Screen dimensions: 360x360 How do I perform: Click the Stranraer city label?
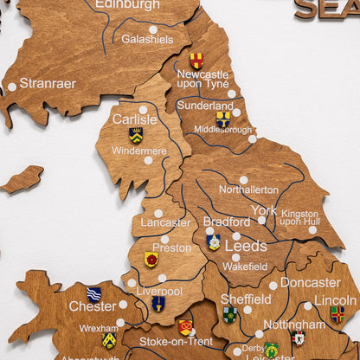pyautogui.click(x=48, y=84)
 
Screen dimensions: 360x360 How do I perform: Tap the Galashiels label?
pyautogui.click(x=147, y=39)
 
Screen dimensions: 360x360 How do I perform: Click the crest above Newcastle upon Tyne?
pyautogui.click(x=196, y=61)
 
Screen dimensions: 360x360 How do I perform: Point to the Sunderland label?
pyautogui.click(x=205, y=105)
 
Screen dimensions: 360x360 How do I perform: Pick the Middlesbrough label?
pyautogui.click(x=222, y=129)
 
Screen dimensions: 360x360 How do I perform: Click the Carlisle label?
pyautogui.click(x=135, y=119)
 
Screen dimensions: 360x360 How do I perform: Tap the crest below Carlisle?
pyautogui.click(x=136, y=135)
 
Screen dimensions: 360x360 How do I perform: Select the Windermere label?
pyautogui.click(x=139, y=151)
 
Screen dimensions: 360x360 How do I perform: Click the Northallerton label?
pyautogui.click(x=248, y=190)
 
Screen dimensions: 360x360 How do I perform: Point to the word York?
pyautogui.click(x=264, y=210)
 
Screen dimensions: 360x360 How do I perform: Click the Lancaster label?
pyautogui.click(x=165, y=222)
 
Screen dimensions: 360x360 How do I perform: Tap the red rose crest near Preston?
pyautogui.click(x=151, y=259)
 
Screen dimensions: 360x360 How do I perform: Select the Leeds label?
pyautogui.click(x=246, y=246)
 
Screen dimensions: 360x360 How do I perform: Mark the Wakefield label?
pyautogui.click(x=244, y=267)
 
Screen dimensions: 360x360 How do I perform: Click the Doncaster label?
pyautogui.click(x=310, y=282)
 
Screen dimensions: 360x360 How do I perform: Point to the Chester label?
pyautogui.click(x=93, y=306)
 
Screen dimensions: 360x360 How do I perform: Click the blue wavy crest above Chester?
pyautogui.click(x=94, y=293)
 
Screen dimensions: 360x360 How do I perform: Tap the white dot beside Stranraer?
pyautogui.click(x=12, y=87)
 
